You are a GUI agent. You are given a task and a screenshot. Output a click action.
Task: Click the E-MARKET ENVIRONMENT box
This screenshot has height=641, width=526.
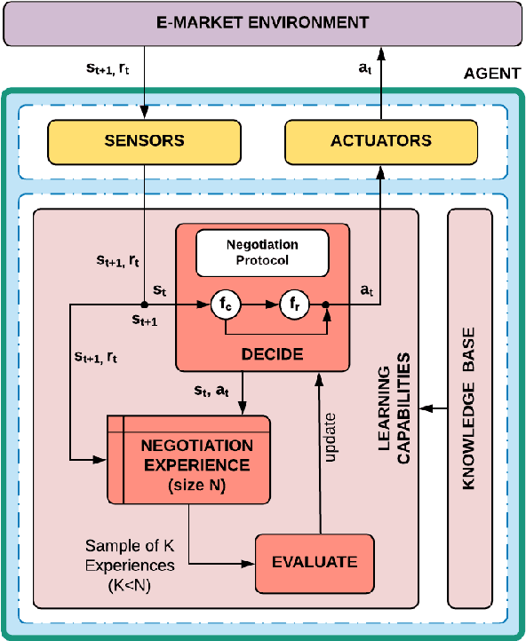pyautogui.click(x=262, y=24)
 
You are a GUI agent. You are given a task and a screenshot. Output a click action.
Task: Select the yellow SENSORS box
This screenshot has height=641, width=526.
pyautogui.click(x=144, y=140)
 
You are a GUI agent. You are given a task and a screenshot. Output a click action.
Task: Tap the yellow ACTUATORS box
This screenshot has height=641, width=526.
pyautogui.click(x=381, y=140)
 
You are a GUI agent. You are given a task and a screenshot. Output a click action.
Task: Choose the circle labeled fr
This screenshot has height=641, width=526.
pyautogui.click(x=293, y=305)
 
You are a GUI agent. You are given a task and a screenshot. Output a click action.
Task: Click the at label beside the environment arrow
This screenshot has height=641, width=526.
pyautogui.click(x=362, y=67)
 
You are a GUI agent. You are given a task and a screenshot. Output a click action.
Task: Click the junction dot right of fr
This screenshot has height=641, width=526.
pyautogui.click(x=327, y=305)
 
